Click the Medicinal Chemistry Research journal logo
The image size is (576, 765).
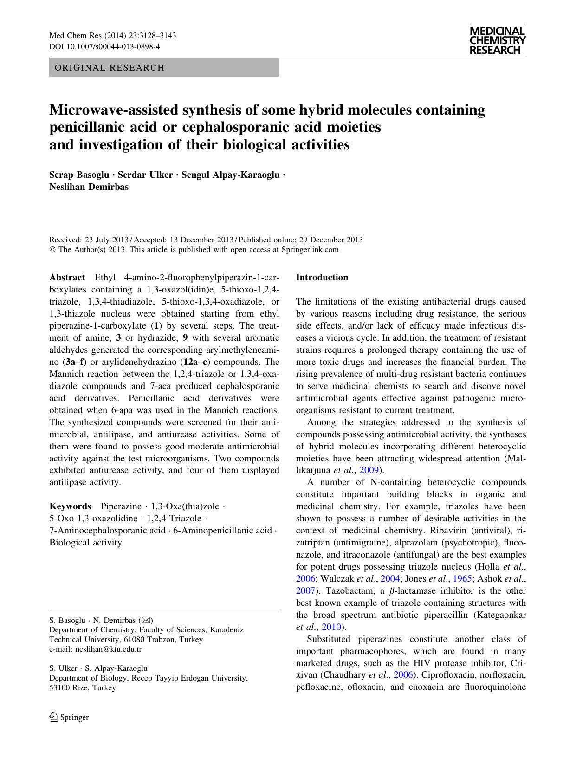(497, 40)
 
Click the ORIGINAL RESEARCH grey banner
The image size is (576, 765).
(164, 68)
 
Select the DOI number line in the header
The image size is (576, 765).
(104, 46)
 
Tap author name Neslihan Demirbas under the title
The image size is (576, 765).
(89, 187)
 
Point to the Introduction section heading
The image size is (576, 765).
(322, 278)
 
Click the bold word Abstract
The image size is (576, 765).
(67, 278)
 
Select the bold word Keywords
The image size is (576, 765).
(70, 506)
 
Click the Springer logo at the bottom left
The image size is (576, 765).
(69, 717)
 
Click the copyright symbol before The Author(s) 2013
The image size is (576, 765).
(52, 249)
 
